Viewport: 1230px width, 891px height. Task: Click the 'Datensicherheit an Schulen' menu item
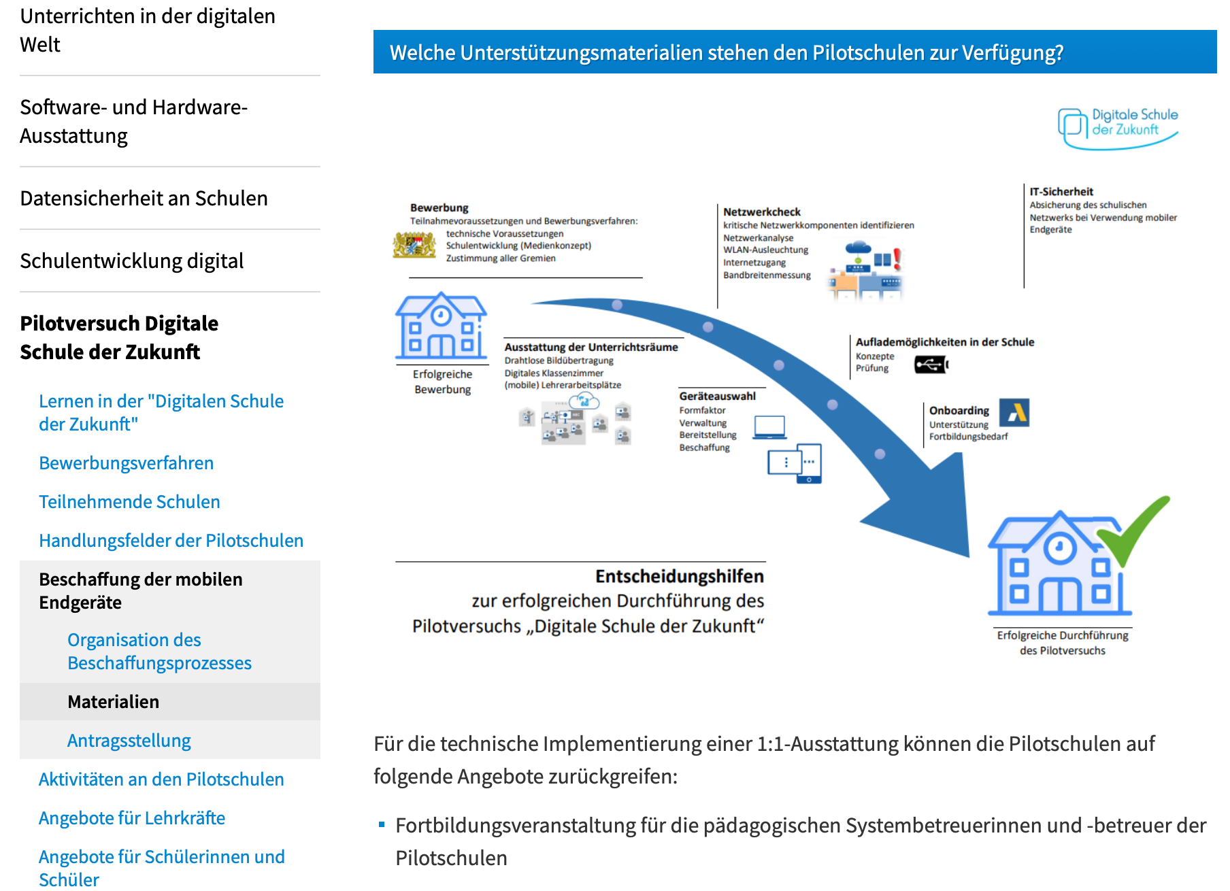coord(144,198)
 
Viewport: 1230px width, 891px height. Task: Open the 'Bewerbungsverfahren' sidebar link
coord(126,463)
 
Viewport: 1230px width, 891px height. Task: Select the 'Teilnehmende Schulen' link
coord(129,502)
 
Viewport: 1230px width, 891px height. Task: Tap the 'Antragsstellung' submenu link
coord(129,740)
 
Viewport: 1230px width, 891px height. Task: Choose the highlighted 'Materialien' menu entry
coord(113,702)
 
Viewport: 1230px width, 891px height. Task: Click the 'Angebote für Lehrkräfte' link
coord(131,818)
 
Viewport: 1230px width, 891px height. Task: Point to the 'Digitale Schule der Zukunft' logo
coord(1118,126)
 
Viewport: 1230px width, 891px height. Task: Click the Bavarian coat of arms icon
coord(414,245)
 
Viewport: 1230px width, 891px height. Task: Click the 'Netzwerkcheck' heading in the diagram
coord(761,212)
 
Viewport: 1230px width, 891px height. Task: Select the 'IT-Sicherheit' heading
coord(1061,192)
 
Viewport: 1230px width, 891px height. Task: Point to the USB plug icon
coord(931,365)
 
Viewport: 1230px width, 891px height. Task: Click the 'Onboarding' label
coord(959,410)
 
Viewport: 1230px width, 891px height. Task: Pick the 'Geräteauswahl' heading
coord(717,396)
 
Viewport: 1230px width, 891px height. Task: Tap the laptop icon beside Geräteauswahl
coord(769,427)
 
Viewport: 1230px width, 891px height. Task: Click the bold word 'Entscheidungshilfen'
coord(679,576)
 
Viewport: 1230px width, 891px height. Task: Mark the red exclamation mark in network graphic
coord(897,258)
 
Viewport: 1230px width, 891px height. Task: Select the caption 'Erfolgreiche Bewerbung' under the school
coord(442,382)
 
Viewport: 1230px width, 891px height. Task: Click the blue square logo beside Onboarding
coord(1014,412)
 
